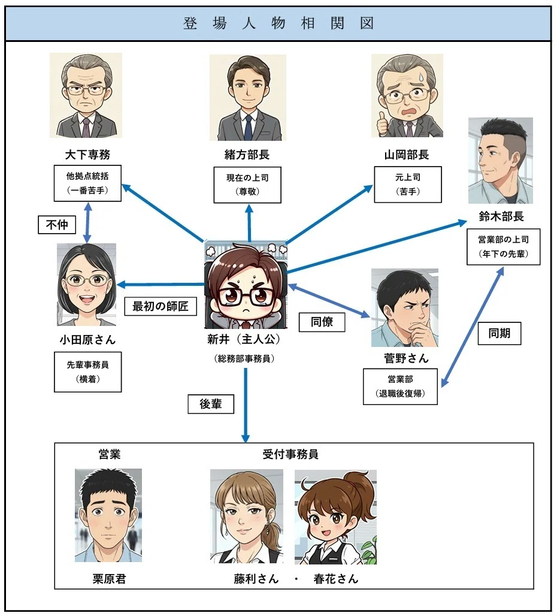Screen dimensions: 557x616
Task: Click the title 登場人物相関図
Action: pyautogui.click(x=278, y=23)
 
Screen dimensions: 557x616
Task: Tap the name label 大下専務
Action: pyautogui.click(x=87, y=155)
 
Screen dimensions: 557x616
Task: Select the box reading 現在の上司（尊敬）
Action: pyautogui.click(x=247, y=185)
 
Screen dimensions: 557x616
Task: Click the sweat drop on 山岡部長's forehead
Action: pyautogui.click(x=421, y=76)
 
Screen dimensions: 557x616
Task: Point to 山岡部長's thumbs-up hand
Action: pyautogui.click(x=382, y=124)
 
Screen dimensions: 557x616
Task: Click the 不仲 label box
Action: pyautogui.click(x=57, y=225)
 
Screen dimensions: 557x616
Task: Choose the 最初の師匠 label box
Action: pyautogui.click(x=160, y=306)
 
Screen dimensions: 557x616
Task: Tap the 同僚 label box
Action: pyautogui.click(x=322, y=322)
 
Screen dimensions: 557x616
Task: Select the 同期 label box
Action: pyautogui.click(x=500, y=334)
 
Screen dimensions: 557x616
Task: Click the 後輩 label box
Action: pyautogui.click(x=211, y=404)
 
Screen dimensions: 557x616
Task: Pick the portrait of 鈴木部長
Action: pyautogui.click(x=501, y=161)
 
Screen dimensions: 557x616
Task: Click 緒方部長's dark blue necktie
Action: pyautogui.click(x=248, y=126)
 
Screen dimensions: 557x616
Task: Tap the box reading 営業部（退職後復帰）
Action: pyautogui.click(x=400, y=386)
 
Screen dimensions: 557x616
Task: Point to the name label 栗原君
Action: pyautogui.click(x=109, y=579)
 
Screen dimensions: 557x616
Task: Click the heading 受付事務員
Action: pyautogui.click(x=290, y=454)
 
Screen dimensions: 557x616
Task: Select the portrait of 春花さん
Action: pyautogui.click(x=335, y=517)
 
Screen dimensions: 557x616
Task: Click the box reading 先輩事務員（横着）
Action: pyautogui.click(x=87, y=372)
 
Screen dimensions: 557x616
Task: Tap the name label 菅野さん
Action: pyautogui.click(x=406, y=358)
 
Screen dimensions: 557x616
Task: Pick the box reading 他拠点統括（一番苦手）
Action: pyautogui.click(x=87, y=183)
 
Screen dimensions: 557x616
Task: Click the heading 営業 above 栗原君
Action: pyautogui.click(x=109, y=454)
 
